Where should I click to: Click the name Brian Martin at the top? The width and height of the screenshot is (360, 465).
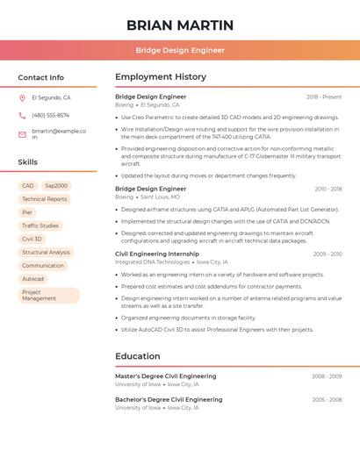pyautogui.click(x=180, y=25)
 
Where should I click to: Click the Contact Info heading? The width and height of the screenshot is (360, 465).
pyautogui.click(x=40, y=77)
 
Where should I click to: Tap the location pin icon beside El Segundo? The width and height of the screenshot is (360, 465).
pyautogui.click(x=22, y=98)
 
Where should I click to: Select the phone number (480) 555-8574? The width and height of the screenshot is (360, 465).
pyautogui.click(x=50, y=115)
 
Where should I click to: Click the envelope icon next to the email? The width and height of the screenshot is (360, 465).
pyautogui.click(x=22, y=134)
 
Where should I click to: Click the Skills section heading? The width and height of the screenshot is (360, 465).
pyautogui.click(x=28, y=162)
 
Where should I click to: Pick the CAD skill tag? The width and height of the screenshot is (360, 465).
pyautogui.click(x=28, y=186)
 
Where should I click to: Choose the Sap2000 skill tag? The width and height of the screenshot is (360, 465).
pyautogui.click(x=56, y=186)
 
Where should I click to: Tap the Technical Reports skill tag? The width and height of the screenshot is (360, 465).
pyautogui.click(x=45, y=199)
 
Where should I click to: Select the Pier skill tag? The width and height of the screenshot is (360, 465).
pyautogui.click(x=27, y=212)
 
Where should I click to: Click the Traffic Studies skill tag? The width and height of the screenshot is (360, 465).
pyautogui.click(x=40, y=225)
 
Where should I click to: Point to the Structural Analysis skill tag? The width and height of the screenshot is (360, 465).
pyautogui.click(x=46, y=252)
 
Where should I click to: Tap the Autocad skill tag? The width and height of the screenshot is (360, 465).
pyautogui.click(x=32, y=279)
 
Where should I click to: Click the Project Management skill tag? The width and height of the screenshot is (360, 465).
pyautogui.click(x=47, y=295)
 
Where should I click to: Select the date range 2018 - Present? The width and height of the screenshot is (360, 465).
pyautogui.click(x=324, y=97)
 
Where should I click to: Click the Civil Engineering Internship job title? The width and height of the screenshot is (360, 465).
pyautogui.click(x=157, y=254)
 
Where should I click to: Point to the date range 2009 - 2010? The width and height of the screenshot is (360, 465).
pyautogui.click(x=327, y=254)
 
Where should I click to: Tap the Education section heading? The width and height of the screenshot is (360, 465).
pyautogui.click(x=138, y=356)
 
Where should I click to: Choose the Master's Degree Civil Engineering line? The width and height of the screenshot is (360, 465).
pyautogui.click(x=165, y=376)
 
